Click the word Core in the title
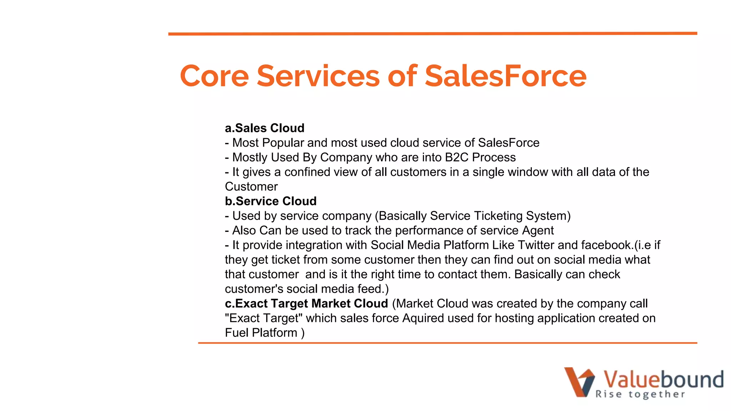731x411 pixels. tap(214, 76)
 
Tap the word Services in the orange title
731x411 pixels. tap(318, 76)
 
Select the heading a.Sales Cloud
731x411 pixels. tap(264, 128)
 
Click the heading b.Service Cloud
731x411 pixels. tap(271, 201)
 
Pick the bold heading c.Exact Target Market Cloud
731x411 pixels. tap(306, 304)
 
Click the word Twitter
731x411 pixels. tap(536, 245)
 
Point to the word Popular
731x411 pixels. tap(283, 143)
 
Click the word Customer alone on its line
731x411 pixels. tap(251, 187)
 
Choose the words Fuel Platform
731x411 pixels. tap(261, 333)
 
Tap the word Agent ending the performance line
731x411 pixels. tap(538, 230)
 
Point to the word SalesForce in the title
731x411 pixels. tap(505, 76)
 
